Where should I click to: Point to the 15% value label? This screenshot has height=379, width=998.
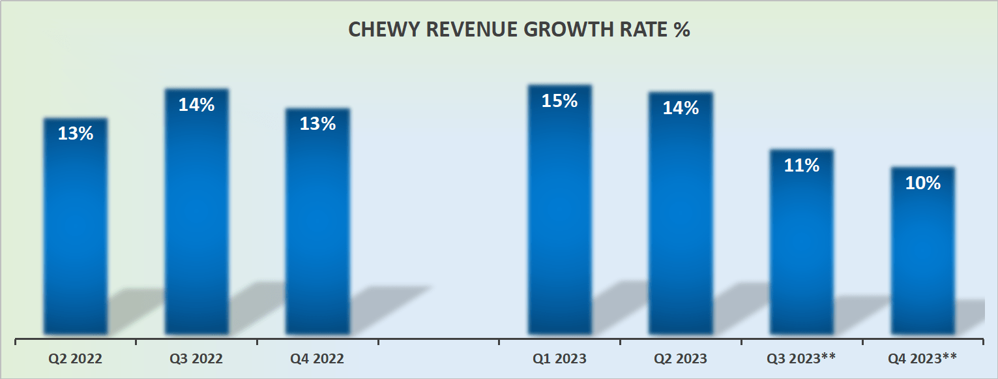(559, 101)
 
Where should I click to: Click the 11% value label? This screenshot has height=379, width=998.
(802, 166)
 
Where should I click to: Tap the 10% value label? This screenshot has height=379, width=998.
(922, 183)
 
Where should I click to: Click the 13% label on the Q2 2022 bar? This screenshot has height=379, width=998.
(76, 134)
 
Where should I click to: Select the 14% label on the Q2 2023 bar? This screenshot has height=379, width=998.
(681, 108)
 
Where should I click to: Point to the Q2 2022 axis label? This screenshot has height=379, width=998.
(76, 358)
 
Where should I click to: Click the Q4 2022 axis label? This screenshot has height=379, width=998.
(317, 358)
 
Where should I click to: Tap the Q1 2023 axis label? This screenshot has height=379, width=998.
(559, 358)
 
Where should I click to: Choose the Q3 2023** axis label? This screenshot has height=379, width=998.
(802, 358)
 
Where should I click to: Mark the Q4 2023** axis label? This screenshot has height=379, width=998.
(922, 358)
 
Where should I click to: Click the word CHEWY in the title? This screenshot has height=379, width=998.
(379, 30)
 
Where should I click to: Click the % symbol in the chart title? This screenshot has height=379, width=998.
(682, 30)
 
